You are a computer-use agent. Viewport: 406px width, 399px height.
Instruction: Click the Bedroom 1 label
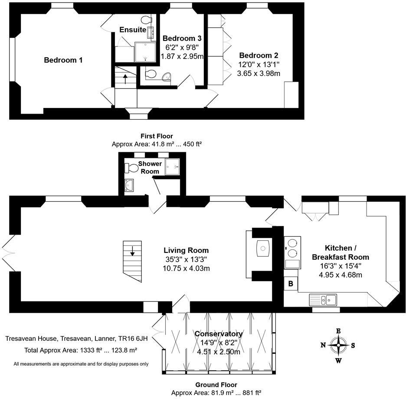pyautogui.click(x=63, y=60)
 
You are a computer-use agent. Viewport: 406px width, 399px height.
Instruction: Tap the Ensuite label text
pyautogui.click(x=133, y=29)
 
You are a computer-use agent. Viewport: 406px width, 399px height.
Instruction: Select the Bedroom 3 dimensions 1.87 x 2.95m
pyautogui.click(x=182, y=56)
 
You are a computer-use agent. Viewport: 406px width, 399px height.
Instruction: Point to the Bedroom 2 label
pyautogui.click(x=259, y=56)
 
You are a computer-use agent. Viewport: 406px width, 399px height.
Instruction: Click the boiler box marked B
pyautogui.click(x=291, y=284)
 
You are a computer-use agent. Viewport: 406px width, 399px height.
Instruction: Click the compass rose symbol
pyautogui.click(x=338, y=346)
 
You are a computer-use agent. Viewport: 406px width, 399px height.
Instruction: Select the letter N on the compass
pyautogui.click(x=323, y=345)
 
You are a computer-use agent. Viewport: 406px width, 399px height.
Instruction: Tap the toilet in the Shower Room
pyautogui.click(x=130, y=167)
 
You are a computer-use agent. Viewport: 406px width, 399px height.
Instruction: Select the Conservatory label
pyautogui.click(x=218, y=334)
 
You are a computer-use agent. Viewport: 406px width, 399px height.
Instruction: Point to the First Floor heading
pyautogui.click(x=157, y=136)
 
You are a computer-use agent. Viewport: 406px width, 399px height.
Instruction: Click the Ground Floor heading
pyautogui.click(x=216, y=385)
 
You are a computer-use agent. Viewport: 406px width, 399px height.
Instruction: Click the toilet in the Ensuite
pyautogui.click(x=146, y=21)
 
